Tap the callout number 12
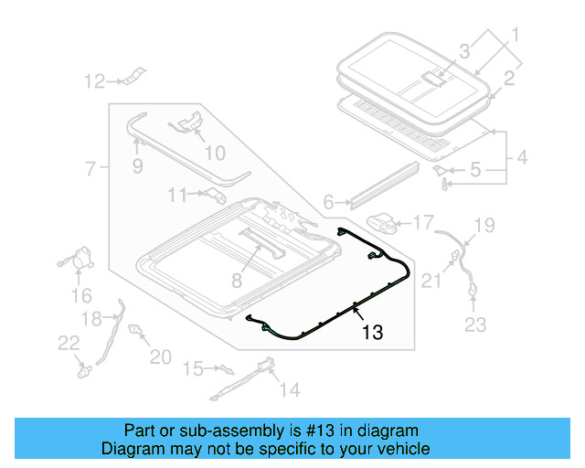[x=95, y=82]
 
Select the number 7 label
[x=90, y=169]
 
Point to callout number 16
[x=81, y=295]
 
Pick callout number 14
[x=289, y=390]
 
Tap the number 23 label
[x=476, y=324]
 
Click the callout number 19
[x=484, y=225]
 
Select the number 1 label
[x=514, y=36]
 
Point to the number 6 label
[x=328, y=203]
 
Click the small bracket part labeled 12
[x=133, y=76]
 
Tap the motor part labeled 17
[x=385, y=222]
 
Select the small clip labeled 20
[x=137, y=330]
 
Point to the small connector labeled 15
[x=223, y=369]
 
